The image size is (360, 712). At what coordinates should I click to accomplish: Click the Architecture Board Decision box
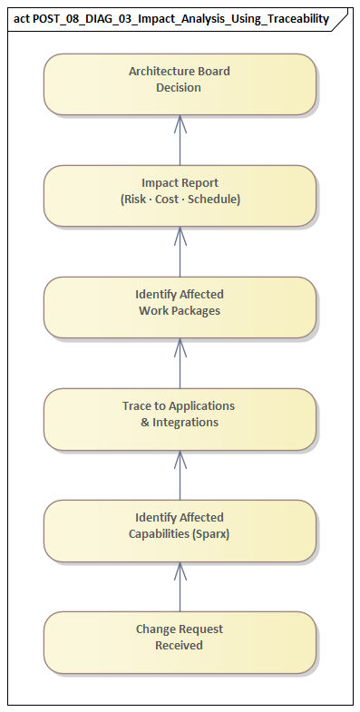(x=180, y=83)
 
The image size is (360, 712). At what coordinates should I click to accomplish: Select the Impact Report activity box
(x=180, y=195)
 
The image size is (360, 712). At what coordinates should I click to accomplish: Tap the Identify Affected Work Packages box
(x=180, y=307)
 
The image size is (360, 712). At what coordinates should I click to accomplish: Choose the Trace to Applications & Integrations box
(x=180, y=418)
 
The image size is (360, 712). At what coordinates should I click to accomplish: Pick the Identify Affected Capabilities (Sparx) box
(x=180, y=530)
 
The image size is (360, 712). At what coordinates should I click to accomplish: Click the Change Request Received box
(x=180, y=641)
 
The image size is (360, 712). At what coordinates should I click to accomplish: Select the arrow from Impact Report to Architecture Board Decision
(x=180, y=140)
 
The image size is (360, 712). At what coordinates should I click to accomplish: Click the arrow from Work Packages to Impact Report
(x=180, y=251)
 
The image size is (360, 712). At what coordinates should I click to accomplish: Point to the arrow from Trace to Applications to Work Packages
(x=180, y=363)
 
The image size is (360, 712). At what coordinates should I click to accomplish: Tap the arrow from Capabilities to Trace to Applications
(x=180, y=474)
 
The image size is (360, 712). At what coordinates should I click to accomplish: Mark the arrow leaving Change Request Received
(x=180, y=586)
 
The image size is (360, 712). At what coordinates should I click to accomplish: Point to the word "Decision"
(x=179, y=88)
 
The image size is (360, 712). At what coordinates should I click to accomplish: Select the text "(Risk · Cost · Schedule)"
(x=180, y=200)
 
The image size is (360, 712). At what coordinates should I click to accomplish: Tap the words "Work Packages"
(x=180, y=311)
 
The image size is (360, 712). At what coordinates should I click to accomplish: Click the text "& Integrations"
(x=180, y=423)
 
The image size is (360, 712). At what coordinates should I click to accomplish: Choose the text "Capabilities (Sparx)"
(x=180, y=534)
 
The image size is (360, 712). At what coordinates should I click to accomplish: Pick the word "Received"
(x=180, y=646)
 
